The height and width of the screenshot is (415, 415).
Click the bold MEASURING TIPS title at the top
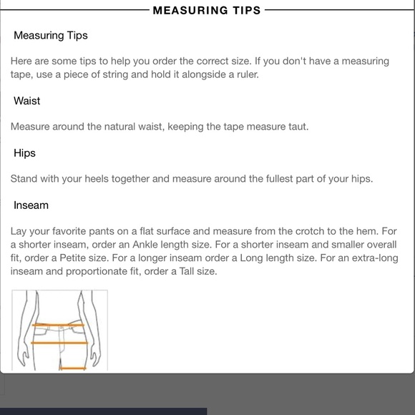pyautogui.click(x=207, y=10)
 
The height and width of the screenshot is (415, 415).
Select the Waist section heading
pyautogui.click(x=26, y=101)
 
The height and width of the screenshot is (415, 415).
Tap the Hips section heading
pyautogui.click(x=24, y=153)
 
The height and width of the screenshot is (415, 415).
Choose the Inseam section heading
pyautogui.click(x=31, y=205)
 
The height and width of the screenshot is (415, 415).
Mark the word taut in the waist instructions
pyautogui.click(x=298, y=127)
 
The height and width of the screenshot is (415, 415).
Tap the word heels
pyautogui.click(x=97, y=179)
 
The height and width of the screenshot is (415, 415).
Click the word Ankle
pyautogui.click(x=145, y=245)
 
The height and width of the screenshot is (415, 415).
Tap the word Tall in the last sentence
pyautogui.click(x=187, y=272)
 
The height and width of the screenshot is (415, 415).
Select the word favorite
pyautogui.click(x=69, y=231)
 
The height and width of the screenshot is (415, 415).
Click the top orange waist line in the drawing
pyautogui.click(x=58, y=325)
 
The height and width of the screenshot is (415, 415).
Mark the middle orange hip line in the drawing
pyautogui.click(x=59, y=343)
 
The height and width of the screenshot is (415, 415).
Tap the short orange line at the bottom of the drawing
pyautogui.click(x=73, y=368)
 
